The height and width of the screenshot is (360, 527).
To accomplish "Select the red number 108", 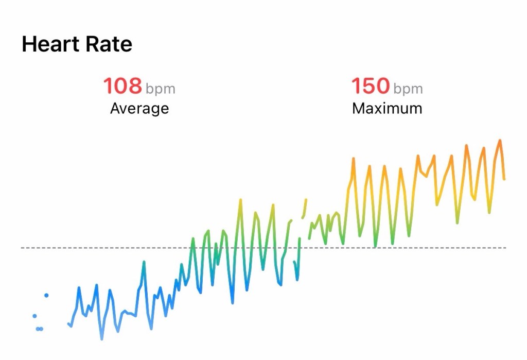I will [x=122, y=86].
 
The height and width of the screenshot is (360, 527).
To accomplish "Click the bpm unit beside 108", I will [x=160, y=89].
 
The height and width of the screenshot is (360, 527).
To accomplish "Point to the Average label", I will [x=139, y=109].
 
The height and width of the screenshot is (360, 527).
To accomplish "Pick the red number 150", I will [x=370, y=86].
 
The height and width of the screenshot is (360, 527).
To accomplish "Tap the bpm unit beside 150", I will [x=408, y=89].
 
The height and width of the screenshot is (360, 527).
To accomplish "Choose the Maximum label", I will [x=387, y=109].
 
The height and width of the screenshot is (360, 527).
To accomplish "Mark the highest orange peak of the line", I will [x=499, y=140].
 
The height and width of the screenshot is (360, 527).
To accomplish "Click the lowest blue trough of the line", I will [x=101, y=339].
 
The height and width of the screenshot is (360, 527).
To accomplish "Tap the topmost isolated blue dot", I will [x=46, y=295].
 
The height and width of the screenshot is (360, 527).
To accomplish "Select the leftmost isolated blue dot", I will [x=34, y=316].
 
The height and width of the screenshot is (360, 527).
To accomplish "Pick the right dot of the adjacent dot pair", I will [x=41, y=329].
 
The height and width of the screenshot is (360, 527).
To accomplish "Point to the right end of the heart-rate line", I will [x=504, y=179].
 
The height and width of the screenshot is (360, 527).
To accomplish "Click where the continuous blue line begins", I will [x=68, y=323].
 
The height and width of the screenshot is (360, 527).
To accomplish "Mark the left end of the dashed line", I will [x=22, y=248].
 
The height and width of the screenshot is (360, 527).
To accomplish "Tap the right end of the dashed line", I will [x=505, y=248].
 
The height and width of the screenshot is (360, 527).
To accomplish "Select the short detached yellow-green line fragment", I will [x=305, y=208].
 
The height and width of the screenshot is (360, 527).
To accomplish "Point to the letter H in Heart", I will [x=28, y=44].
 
